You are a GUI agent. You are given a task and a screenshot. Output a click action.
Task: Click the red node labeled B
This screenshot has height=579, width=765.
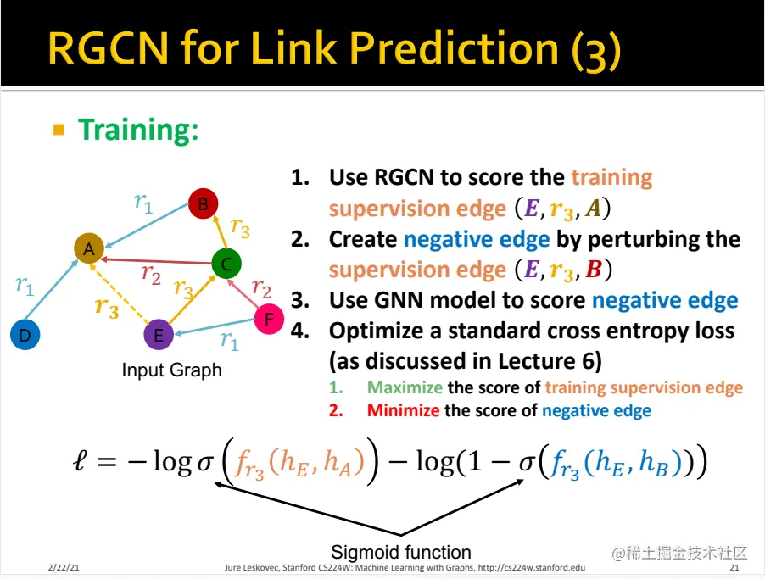203,203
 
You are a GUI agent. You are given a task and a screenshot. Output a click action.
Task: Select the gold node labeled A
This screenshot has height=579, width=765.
89,248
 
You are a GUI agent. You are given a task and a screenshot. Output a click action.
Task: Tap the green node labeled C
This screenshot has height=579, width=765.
226,264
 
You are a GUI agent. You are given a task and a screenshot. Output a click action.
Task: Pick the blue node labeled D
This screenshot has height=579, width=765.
25,335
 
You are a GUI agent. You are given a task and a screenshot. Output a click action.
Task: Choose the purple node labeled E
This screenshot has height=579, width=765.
159,335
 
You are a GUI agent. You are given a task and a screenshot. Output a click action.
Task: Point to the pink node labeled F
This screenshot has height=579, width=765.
269,319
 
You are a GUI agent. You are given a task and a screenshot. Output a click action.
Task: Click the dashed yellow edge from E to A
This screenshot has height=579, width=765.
120,292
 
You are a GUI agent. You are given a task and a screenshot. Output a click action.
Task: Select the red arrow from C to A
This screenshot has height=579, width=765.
156,261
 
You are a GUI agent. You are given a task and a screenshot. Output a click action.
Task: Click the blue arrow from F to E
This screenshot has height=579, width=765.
215,326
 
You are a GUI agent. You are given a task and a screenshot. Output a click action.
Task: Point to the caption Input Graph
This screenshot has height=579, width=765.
171,370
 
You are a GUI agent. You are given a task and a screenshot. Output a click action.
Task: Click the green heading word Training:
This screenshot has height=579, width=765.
138,130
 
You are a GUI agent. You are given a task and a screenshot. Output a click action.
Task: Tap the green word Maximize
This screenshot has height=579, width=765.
405,387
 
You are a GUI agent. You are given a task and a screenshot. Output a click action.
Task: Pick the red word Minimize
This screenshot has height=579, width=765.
403,410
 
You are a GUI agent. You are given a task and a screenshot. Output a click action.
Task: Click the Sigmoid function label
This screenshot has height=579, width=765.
401,552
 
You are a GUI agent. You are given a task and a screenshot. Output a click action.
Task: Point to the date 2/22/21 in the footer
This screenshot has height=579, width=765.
64,567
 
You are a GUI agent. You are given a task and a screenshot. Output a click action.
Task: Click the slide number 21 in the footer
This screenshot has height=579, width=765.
734,567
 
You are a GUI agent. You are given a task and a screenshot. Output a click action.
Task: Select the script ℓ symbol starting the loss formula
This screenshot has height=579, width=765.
80,460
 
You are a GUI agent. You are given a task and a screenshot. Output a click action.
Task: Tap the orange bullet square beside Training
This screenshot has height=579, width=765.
59,130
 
